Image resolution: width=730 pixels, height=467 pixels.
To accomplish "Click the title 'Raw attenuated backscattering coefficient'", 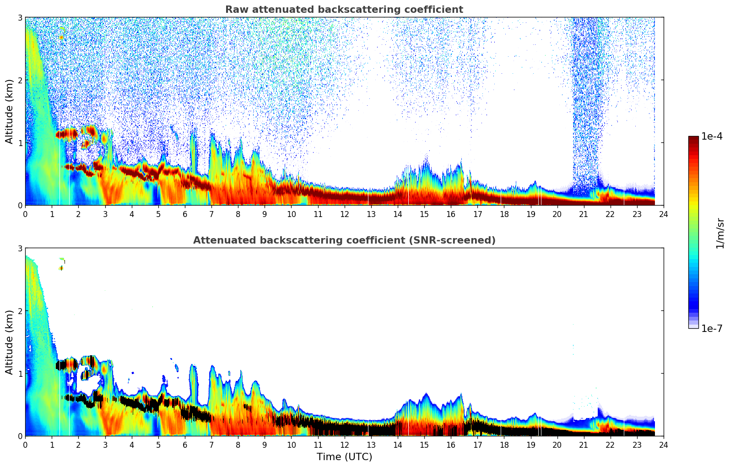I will (x=344, y=10).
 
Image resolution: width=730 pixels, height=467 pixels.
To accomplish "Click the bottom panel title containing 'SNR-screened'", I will (x=344, y=240).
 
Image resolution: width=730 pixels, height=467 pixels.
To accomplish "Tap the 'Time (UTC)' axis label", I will (x=344, y=457).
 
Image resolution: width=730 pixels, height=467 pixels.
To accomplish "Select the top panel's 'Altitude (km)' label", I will (x=10, y=111).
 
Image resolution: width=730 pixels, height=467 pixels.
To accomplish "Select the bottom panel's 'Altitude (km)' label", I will (x=10, y=342).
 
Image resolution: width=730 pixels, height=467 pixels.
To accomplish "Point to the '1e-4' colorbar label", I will (x=712, y=136).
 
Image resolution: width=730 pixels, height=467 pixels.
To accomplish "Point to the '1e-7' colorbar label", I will (x=712, y=328).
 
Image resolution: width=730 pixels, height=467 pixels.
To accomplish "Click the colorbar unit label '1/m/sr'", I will (x=720, y=233).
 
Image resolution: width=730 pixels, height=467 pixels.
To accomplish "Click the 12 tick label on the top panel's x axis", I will (x=344, y=214).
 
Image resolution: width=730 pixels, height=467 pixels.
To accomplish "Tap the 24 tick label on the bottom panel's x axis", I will (x=664, y=445).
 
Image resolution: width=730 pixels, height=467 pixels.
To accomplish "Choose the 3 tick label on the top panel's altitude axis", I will (x=20, y=17).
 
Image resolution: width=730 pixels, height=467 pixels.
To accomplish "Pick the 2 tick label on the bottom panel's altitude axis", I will (x=20, y=311).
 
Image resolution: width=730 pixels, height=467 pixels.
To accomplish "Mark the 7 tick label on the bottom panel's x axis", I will (x=211, y=445).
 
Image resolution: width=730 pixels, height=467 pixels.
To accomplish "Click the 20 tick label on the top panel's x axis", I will (x=557, y=214).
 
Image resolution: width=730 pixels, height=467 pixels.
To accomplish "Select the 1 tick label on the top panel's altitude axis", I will (x=20, y=143).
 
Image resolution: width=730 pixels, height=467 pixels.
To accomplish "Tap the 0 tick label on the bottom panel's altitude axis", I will (x=20, y=436).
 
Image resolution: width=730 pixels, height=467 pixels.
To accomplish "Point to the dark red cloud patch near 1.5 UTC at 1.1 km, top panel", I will (x=67, y=134).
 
